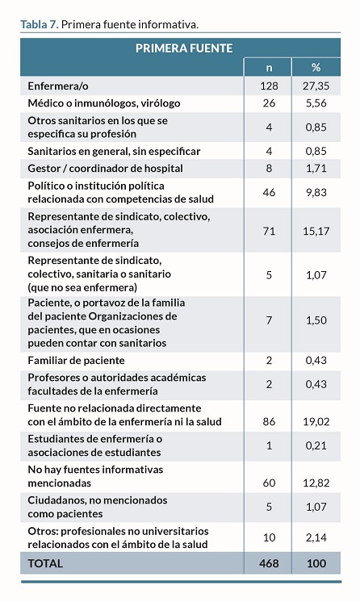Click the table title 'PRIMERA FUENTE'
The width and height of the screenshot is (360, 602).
pos(184,48)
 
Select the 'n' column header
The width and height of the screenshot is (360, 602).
pos(269,68)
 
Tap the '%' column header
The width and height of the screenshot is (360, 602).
pos(316,68)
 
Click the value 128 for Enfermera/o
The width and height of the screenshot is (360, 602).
pos(269,86)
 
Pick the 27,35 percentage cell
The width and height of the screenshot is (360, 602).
pos(316,86)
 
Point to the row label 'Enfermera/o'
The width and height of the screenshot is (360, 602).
pos(58,86)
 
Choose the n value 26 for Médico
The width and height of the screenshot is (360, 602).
pos(269,103)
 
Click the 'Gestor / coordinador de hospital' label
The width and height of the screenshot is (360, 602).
pos(105,169)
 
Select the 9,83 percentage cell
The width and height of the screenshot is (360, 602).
pos(316,192)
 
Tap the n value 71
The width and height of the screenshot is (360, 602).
pos(269,231)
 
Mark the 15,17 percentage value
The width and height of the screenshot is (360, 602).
pos(316,231)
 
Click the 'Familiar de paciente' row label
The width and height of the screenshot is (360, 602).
pos(76,361)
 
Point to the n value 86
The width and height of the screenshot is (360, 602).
pos(269,421)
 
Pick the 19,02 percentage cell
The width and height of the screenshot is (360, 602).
pos(316,421)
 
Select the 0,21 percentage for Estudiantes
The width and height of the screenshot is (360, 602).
pos(316,445)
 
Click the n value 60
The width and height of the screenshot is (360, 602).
pos(269,483)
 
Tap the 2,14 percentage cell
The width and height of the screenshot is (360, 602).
pos(316,537)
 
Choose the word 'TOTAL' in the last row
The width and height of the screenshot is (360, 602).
pos(45,563)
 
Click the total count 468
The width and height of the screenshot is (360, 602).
pos(269,563)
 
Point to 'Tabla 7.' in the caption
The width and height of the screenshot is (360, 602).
pos(40,24)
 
